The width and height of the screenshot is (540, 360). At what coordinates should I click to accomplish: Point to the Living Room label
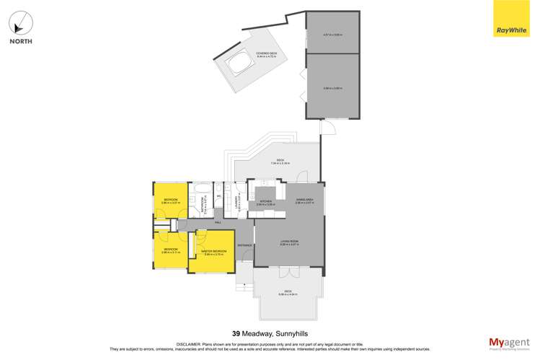288,243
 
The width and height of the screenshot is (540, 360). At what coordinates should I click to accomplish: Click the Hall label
218,223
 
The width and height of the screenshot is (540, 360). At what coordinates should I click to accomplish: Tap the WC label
218,195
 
